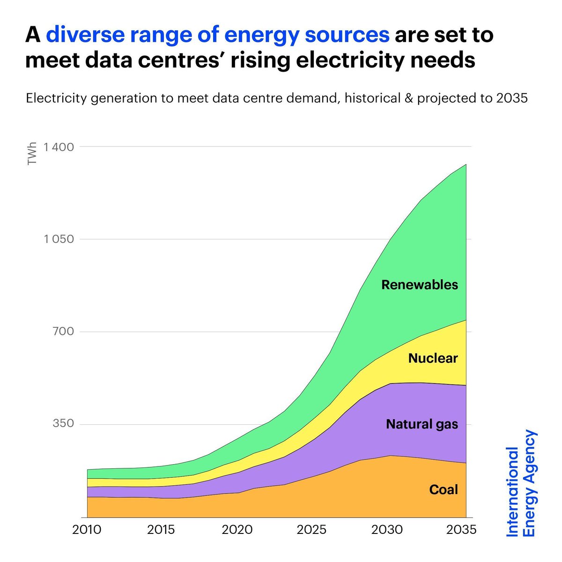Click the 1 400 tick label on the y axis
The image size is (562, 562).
[x=59, y=147]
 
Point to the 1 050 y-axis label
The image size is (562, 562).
[x=59, y=239]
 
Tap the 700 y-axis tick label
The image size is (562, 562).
[x=63, y=332]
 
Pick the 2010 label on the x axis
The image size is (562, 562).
[x=87, y=530]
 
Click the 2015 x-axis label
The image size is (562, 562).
[x=161, y=530]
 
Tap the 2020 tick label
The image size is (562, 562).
[x=237, y=530]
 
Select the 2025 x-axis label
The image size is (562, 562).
[x=311, y=530]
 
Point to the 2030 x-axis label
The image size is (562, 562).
[x=387, y=530]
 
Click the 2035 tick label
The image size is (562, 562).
[x=461, y=530]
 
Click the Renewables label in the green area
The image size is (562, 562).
[x=420, y=285]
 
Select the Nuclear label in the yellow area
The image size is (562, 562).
[x=433, y=358]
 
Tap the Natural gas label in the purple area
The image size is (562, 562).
[x=422, y=424]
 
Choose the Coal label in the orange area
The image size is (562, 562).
[x=444, y=490]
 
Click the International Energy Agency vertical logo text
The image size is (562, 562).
[x=522, y=483]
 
